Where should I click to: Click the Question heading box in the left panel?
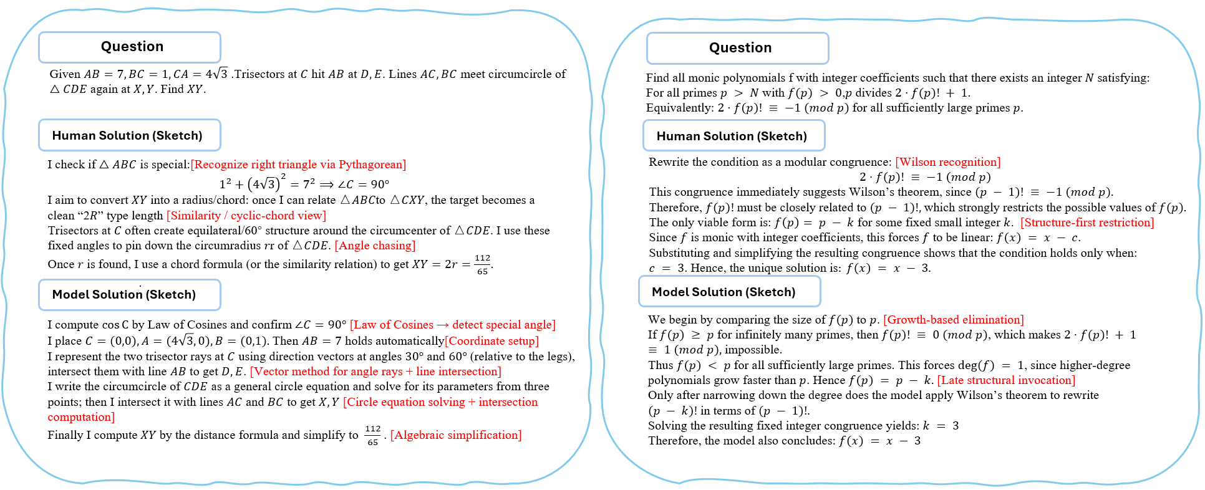pos(130,47)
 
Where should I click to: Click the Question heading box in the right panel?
pos(738,49)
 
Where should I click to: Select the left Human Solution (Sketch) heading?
pos(130,135)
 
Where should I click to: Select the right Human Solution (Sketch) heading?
pos(733,136)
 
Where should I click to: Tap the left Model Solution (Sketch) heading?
pos(130,295)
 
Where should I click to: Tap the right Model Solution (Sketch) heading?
pos(729,292)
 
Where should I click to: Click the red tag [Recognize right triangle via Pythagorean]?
pos(298,165)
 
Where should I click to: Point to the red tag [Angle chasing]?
pos(375,246)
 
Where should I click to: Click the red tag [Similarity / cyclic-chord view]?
pos(246,216)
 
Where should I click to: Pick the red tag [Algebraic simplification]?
pos(456,435)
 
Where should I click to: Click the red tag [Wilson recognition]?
pos(947,162)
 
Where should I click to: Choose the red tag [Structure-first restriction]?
pos(1087,223)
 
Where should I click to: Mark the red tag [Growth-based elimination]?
pos(953,320)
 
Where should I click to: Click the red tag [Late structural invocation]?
pos(1006,380)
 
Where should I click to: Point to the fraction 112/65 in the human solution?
pos(482,264)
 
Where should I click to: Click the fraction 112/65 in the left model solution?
pos(373,435)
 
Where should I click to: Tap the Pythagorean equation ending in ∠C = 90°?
pos(304,184)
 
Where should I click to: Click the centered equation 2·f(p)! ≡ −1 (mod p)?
pos(925,177)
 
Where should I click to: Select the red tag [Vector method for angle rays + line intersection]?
pos(375,372)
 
